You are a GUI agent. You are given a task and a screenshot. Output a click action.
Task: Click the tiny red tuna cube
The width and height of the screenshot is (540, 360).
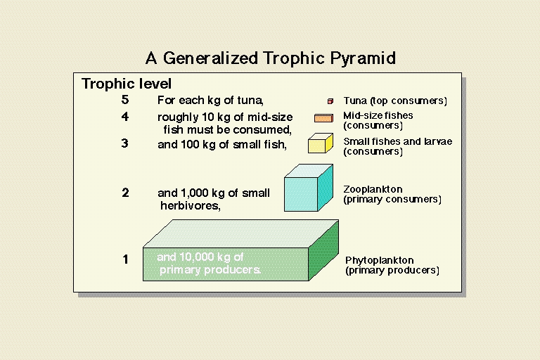(x=330, y=101)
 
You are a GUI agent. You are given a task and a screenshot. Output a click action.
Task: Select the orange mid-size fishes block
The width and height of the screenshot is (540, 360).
(x=323, y=118)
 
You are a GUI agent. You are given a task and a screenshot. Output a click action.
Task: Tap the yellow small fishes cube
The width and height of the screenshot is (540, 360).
(x=321, y=143)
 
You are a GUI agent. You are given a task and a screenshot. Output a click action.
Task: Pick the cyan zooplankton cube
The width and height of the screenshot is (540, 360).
(x=309, y=188)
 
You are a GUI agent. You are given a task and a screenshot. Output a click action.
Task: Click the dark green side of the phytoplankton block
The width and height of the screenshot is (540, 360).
(x=323, y=250)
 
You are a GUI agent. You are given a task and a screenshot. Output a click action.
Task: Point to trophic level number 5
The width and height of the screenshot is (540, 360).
(x=125, y=100)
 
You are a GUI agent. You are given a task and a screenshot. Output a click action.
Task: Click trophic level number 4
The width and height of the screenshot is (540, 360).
(x=125, y=117)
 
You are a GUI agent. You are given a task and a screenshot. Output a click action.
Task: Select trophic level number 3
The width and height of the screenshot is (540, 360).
(x=125, y=143)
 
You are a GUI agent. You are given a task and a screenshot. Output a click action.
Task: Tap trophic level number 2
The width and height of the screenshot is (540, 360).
(x=125, y=193)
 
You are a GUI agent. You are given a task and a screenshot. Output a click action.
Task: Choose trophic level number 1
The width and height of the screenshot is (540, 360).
(x=125, y=259)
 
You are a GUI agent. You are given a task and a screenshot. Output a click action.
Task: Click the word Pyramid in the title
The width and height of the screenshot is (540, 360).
(x=363, y=58)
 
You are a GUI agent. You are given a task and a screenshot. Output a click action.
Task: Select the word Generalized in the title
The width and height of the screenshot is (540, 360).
(x=210, y=58)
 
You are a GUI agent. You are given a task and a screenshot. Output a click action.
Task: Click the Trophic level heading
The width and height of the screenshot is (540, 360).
(x=127, y=84)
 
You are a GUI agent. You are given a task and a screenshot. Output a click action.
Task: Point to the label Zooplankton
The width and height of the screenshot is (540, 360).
(x=373, y=189)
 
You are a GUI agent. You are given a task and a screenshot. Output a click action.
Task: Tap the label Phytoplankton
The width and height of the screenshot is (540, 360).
(x=380, y=260)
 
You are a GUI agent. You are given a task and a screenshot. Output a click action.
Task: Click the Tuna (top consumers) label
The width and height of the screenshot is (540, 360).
(x=395, y=101)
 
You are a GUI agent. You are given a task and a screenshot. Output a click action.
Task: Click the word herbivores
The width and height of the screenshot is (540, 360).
(x=191, y=206)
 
